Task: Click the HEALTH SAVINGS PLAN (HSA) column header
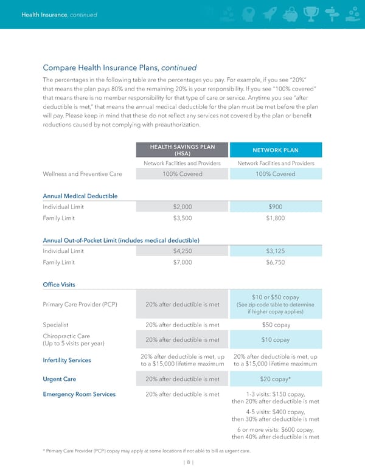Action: pyautogui.click(x=182, y=149)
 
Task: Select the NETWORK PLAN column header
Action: pyautogui.click(x=275, y=150)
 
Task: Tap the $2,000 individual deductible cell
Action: pyautogui.click(x=182, y=206)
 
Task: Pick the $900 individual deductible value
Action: pyautogui.click(x=275, y=206)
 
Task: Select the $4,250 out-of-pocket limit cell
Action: pyautogui.click(x=182, y=251)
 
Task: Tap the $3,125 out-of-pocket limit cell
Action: pyautogui.click(x=275, y=251)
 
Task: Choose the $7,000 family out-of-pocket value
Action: pyautogui.click(x=182, y=262)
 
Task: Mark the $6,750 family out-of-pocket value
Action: pyautogui.click(x=275, y=262)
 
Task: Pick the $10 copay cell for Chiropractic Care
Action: pyautogui.click(x=275, y=339)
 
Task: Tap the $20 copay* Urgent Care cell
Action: pyautogui.click(x=275, y=379)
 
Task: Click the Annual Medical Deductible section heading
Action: pyautogui.click(x=80, y=196)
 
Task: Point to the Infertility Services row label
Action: pyautogui.click(x=67, y=360)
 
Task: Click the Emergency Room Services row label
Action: pyautogui.click(x=79, y=394)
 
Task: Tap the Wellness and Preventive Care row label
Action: pyautogui.click(x=82, y=174)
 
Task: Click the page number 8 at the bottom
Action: pyautogui.click(x=182, y=462)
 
